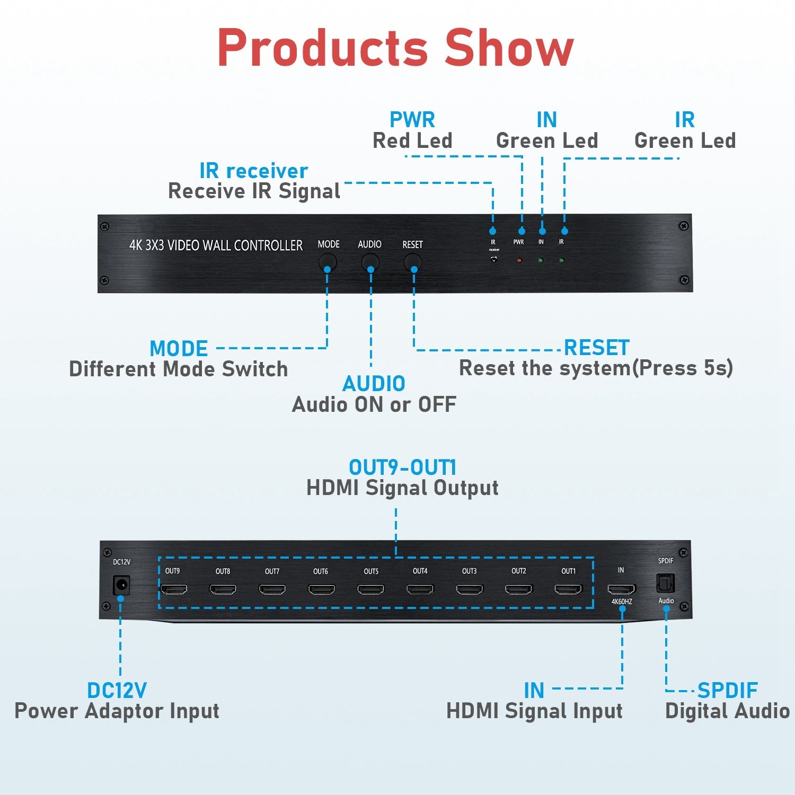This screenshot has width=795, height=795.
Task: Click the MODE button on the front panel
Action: (x=328, y=262)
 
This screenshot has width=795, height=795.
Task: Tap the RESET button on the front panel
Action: (x=413, y=262)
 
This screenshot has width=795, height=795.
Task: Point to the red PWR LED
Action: (x=519, y=260)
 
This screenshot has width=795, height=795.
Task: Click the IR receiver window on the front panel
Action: (x=494, y=259)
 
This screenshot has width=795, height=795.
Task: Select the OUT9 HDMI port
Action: (x=174, y=589)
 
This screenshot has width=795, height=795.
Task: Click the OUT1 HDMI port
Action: (x=568, y=589)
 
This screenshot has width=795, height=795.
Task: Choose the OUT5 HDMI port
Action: (x=371, y=589)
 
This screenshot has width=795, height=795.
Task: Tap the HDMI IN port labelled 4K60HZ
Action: (x=621, y=589)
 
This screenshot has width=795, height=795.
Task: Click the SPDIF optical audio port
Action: (x=665, y=584)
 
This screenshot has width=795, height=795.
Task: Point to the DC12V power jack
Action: (x=121, y=585)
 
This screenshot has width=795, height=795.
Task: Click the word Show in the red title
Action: (x=509, y=48)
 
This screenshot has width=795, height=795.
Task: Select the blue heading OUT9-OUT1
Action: (x=402, y=467)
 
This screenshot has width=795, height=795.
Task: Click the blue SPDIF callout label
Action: (x=727, y=691)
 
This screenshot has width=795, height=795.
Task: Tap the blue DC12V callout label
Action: (x=117, y=691)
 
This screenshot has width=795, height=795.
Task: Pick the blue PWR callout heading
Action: (x=412, y=120)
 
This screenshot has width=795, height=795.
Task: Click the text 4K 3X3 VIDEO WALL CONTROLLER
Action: (x=216, y=245)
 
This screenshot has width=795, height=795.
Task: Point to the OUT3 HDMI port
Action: (x=470, y=589)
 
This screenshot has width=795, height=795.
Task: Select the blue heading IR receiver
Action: (x=254, y=171)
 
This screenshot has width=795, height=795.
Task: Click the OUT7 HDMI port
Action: (x=272, y=589)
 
